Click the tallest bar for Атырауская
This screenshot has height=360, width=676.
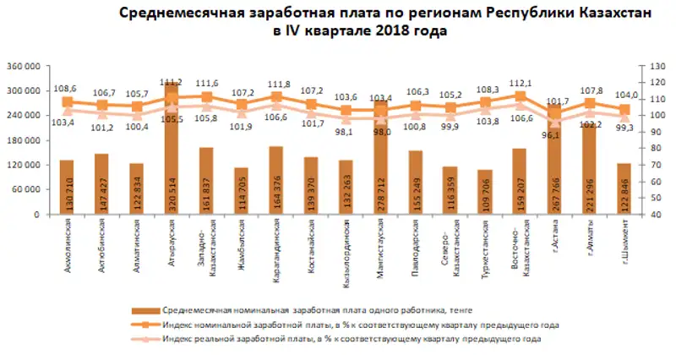pos(172,152)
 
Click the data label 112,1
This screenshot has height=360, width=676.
pos(521,83)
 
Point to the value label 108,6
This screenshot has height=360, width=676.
pos(65,88)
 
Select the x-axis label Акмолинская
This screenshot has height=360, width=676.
pos(67,244)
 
